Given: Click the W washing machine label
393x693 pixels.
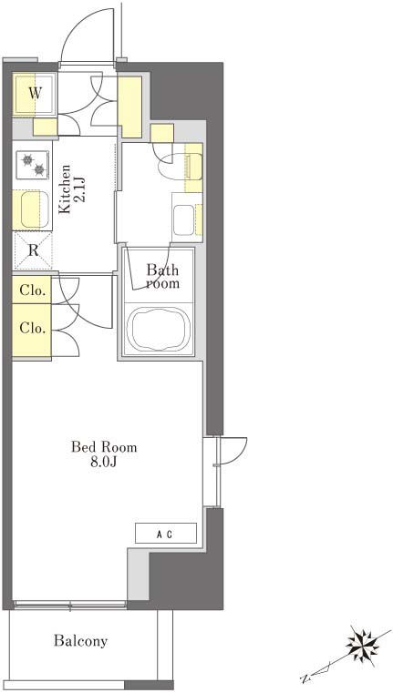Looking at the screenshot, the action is pyautogui.click(x=36, y=93).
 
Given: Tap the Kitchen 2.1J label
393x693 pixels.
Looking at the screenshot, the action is pyautogui.click(x=71, y=189).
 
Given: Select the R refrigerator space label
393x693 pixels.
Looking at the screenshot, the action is pyautogui.click(x=33, y=250).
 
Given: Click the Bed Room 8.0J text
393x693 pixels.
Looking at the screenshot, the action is pyautogui.click(x=104, y=454).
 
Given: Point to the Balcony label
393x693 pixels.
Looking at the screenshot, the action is pyautogui.click(x=80, y=641).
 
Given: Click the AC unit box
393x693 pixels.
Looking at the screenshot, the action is pyautogui.click(x=166, y=533).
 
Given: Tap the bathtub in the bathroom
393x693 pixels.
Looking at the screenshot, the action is pyautogui.click(x=159, y=329).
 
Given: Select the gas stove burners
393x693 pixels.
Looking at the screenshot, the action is pyautogui.click(x=33, y=165).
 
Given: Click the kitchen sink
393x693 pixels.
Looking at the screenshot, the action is pyautogui.click(x=32, y=209).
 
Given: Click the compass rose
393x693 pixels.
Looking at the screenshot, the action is pyautogui.click(x=362, y=646).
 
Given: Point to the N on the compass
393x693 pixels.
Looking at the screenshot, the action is pyautogui.click(x=305, y=678).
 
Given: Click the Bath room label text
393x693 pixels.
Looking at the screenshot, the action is pyautogui.click(x=163, y=276).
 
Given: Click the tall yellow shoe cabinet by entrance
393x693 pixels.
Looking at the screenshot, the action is pyautogui.click(x=129, y=107).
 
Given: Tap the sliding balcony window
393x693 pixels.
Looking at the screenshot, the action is pyautogui.click(x=70, y=606).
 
